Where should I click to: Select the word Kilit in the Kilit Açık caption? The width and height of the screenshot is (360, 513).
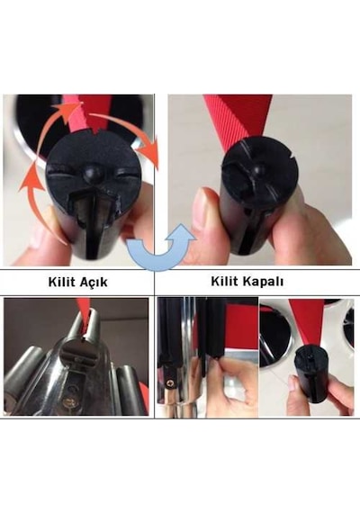(60, 282)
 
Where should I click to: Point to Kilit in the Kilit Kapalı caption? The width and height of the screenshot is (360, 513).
(223, 281)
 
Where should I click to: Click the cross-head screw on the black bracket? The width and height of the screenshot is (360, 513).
(170, 382)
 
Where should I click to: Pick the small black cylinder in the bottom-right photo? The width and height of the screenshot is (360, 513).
(310, 374)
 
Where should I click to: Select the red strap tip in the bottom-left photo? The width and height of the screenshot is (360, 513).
(83, 308)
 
